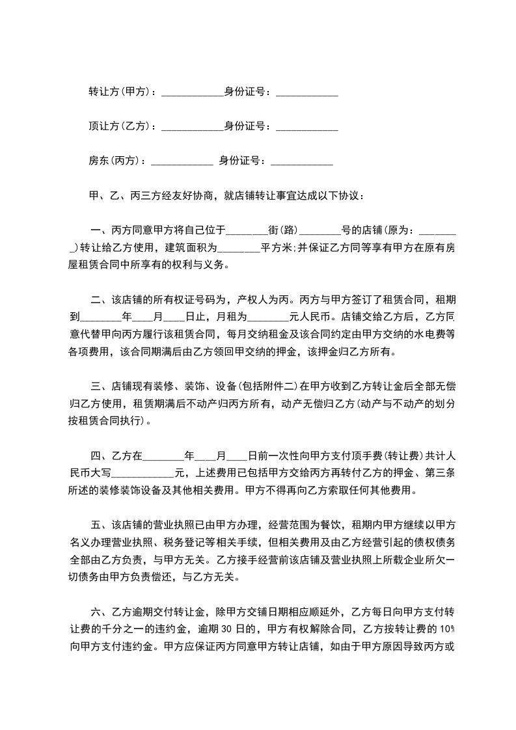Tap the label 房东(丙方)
[116, 161]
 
